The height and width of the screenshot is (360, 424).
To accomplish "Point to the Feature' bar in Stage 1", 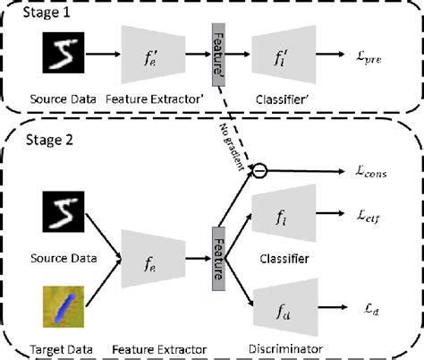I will [x=216, y=56].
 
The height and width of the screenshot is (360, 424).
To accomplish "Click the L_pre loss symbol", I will [x=369, y=58].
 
